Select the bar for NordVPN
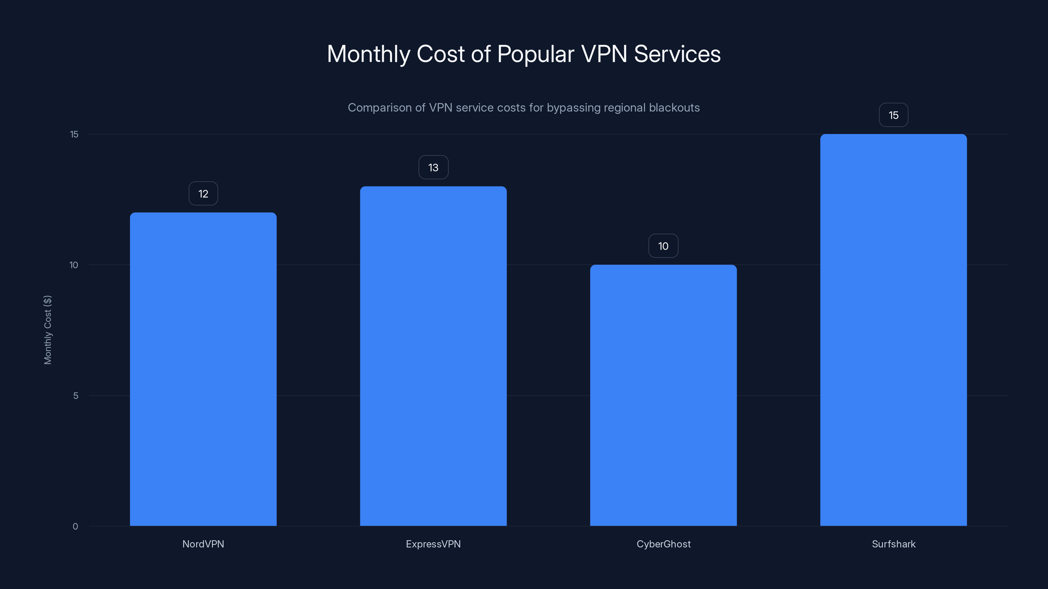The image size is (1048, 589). point(203,369)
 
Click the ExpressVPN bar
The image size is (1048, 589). point(433,356)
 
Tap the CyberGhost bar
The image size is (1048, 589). point(663,395)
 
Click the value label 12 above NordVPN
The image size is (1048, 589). point(203,193)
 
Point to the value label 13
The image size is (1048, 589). point(433,168)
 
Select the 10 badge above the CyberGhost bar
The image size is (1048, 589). point(663,246)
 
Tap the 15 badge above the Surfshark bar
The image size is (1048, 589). point(893,115)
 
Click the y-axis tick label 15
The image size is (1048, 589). point(74,134)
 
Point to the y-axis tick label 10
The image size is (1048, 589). point(74,265)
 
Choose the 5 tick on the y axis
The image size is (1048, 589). point(76,396)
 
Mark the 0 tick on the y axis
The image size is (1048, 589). point(75,527)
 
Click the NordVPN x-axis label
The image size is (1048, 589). point(203,544)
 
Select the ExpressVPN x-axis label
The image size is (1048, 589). point(433,544)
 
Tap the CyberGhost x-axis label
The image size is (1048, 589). point(663,544)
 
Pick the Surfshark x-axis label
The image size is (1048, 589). point(893,544)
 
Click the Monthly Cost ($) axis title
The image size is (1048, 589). point(47,330)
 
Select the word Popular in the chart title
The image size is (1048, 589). point(535,54)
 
